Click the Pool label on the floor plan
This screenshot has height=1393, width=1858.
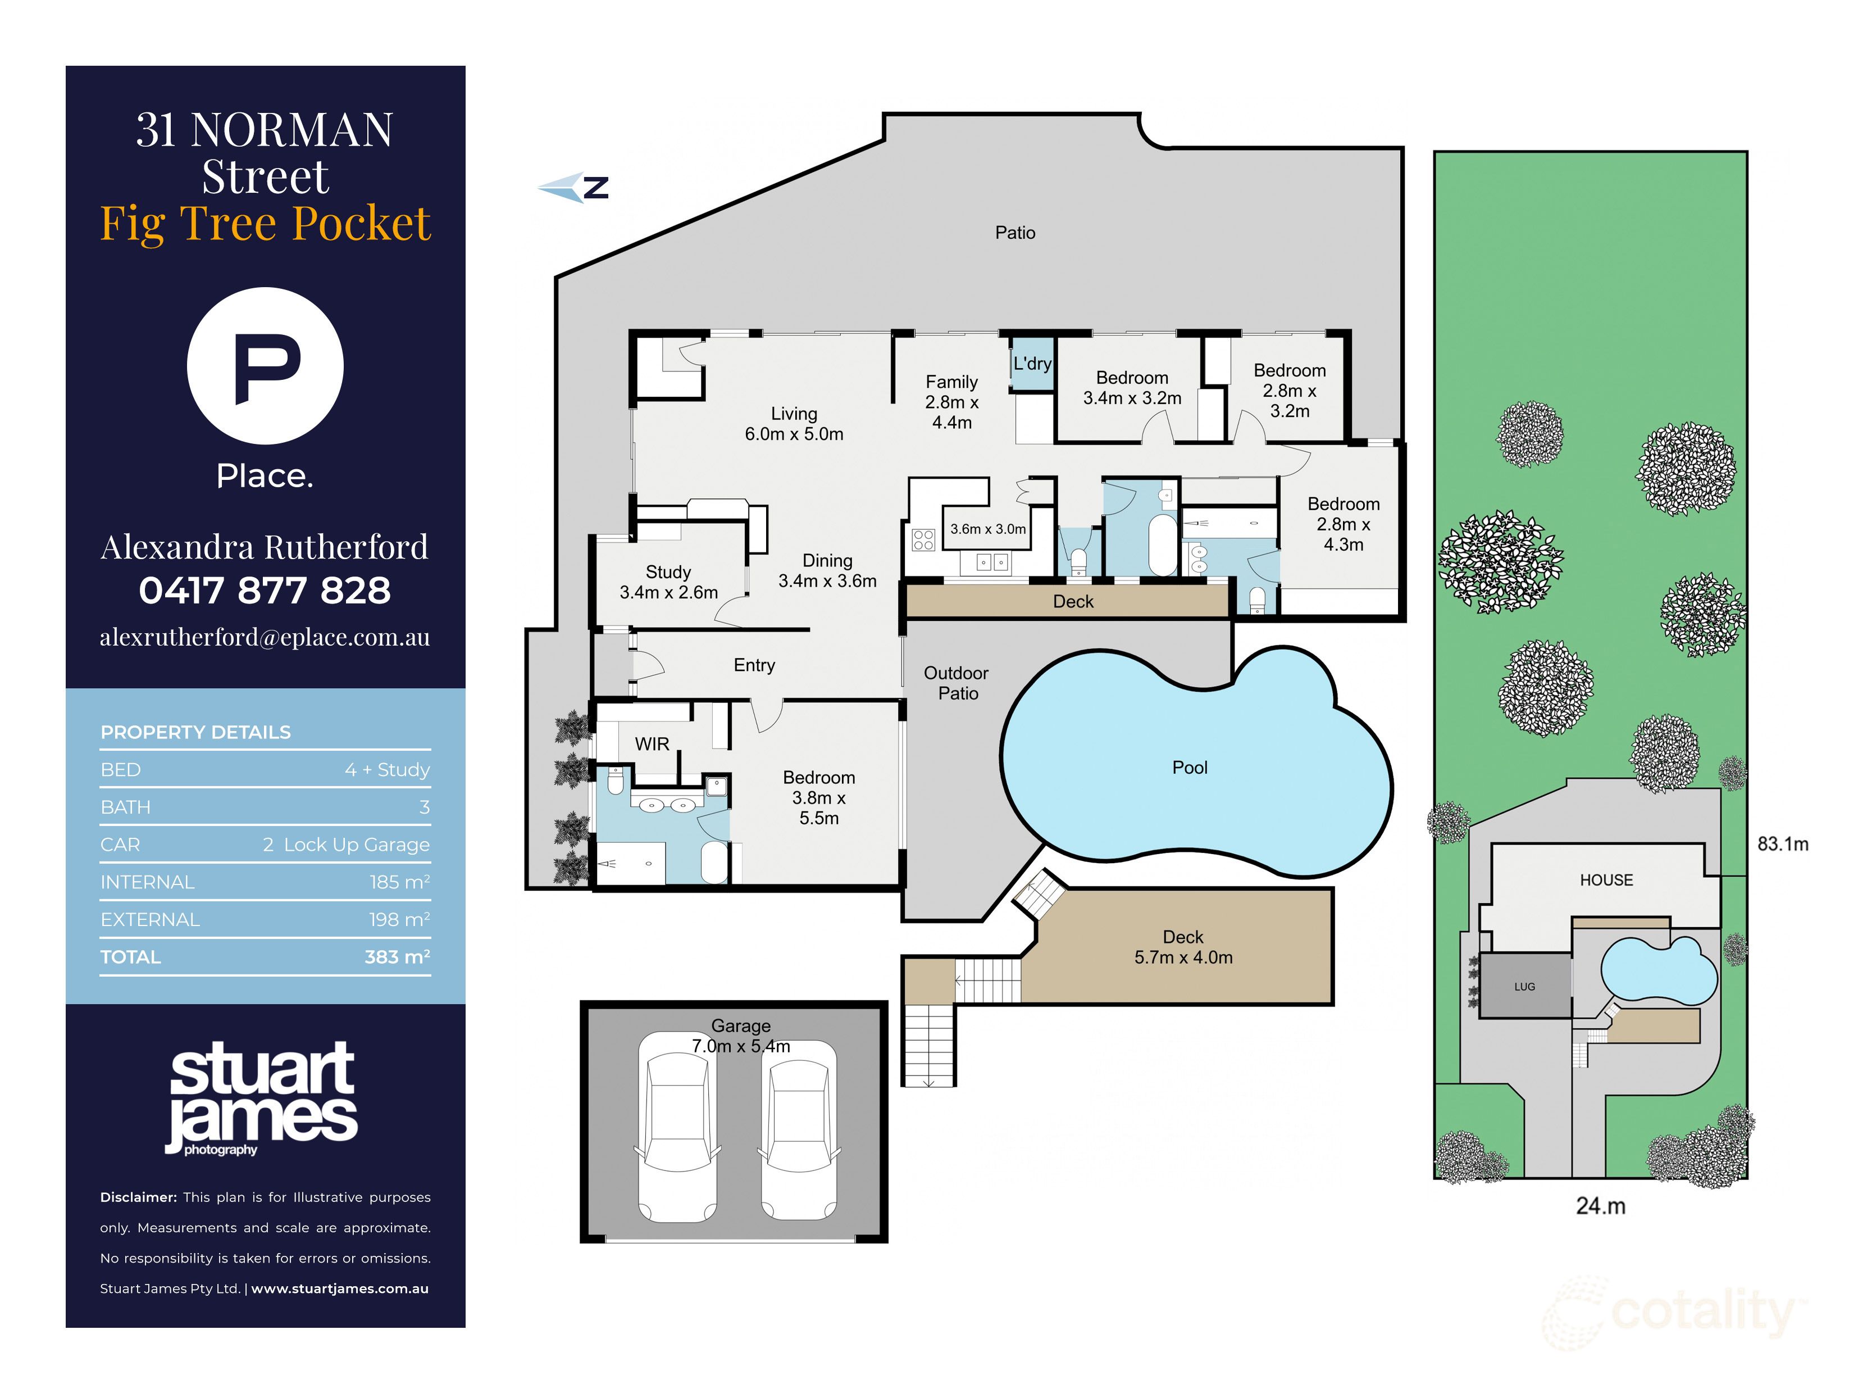click(1190, 767)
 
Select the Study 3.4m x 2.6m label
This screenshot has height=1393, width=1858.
click(668, 582)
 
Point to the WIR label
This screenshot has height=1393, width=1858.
click(652, 745)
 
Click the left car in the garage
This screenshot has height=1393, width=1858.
click(677, 1126)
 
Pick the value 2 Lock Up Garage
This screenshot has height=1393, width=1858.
click(346, 845)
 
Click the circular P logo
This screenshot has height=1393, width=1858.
click(266, 365)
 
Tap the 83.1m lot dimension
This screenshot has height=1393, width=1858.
click(1782, 843)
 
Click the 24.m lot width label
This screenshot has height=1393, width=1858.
click(1600, 1206)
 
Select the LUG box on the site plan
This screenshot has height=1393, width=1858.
click(1524, 986)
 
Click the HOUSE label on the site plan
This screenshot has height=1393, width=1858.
click(1606, 879)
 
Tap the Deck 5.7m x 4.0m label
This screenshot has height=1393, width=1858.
click(1183, 947)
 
